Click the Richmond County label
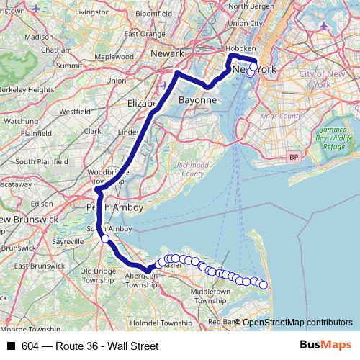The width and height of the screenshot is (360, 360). click(x=186, y=169)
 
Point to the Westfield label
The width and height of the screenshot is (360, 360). click(x=75, y=112)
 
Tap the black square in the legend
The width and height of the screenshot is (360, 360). click(x=11, y=346)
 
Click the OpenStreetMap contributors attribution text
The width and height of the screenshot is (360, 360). click(x=297, y=322)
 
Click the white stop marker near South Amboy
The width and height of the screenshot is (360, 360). click(x=105, y=238)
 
